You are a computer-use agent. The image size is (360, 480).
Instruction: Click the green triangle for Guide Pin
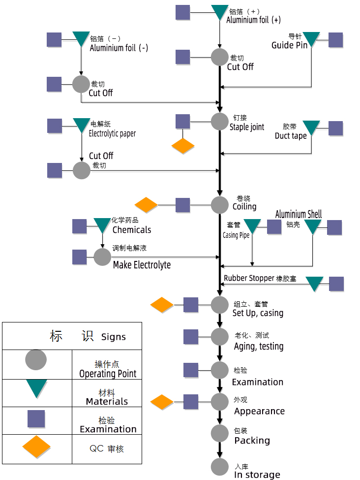(311, 38)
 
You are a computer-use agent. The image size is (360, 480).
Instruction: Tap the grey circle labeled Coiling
(220, 205)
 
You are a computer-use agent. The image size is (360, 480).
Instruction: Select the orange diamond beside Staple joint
(183, 146)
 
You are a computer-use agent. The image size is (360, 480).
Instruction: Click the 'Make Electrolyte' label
(142, 265)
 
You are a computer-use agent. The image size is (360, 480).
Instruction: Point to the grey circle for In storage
(220, 467)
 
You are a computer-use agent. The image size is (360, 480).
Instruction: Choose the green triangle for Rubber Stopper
(315, 283)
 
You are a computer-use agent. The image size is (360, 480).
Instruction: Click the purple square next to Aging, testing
(191, 337)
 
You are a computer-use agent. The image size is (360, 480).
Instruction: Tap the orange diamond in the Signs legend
(36, 447)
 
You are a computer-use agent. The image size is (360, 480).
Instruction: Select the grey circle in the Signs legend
(36, 360)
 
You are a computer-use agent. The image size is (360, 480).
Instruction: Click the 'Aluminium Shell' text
(299, 214)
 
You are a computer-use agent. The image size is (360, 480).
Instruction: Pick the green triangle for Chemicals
(102, 225)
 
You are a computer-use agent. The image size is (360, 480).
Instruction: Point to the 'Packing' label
(252, 440)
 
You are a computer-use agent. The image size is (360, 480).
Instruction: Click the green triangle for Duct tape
(311, 128)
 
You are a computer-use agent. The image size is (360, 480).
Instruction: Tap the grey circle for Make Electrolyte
(102, 256)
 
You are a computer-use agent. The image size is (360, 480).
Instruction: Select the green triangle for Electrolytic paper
(81, 125)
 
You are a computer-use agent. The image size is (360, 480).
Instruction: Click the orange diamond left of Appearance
(162, 402)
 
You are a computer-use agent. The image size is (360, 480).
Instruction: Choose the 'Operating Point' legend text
(107, 374)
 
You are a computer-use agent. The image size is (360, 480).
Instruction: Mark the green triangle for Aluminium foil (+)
(220, 11)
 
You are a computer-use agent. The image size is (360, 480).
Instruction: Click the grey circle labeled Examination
(220, 370)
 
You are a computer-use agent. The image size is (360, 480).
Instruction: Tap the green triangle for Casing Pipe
(252, 225)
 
